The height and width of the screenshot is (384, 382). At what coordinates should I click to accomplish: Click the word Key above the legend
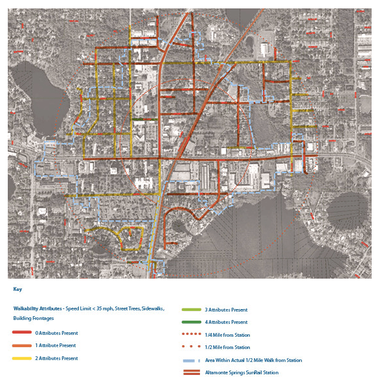pos(17,290)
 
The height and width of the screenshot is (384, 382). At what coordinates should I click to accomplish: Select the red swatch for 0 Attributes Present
pos(21,333)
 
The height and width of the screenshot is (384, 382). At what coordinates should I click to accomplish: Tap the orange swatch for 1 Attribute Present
pos(21,346)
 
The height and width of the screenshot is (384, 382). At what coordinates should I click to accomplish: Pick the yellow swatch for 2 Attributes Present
pos(21,358)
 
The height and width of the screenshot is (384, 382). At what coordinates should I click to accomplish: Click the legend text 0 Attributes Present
pos(56,333)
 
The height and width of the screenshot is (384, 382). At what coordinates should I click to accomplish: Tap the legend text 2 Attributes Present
pos(57,358)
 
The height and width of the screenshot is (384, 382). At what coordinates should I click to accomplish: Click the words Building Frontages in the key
pos(33,318)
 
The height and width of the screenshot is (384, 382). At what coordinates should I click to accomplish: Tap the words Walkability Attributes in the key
pos(38,309)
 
